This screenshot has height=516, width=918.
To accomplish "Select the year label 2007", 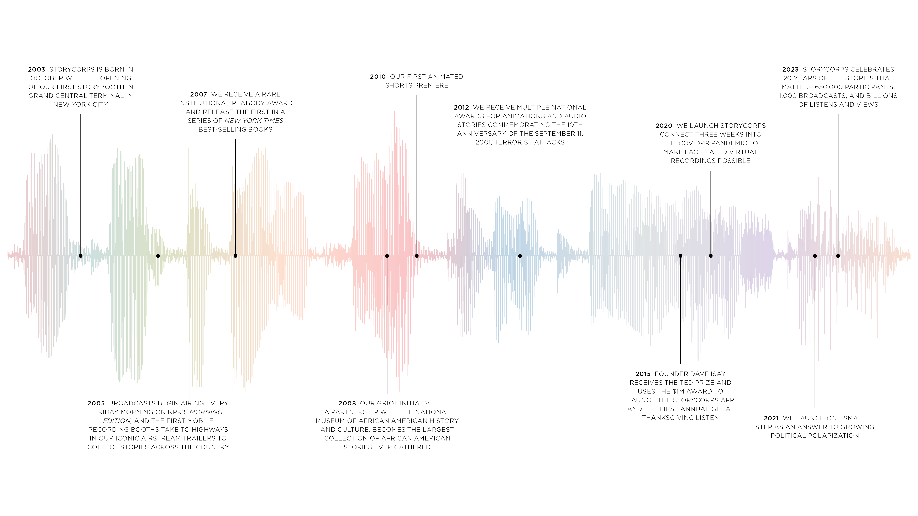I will tap(198, 94).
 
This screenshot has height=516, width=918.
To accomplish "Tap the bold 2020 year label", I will tap(664, 126).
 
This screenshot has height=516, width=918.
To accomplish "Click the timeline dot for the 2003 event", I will tap(81, 256).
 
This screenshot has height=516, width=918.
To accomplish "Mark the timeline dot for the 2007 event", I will tap(235, 256).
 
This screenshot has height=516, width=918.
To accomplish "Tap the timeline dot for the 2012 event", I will tap(520, 256).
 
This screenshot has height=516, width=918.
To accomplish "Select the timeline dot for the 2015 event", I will tap(680, 256).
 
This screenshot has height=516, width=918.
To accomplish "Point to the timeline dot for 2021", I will tap(815, 256).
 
